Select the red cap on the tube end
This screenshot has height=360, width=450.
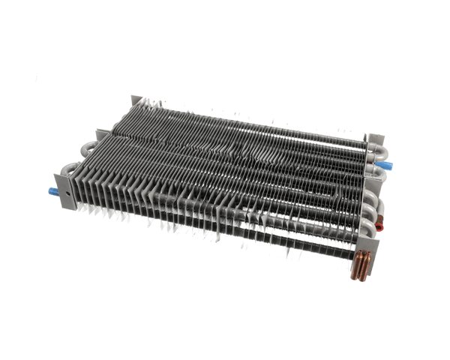pyautogui.click(x=386, y=223)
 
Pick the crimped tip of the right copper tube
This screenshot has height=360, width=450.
pyautogui.click(x=364, y=277)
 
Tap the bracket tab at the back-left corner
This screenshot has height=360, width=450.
pyautogui.click(x=136, y=102)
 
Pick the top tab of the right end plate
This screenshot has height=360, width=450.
pyautogui.click(x=374, y=139)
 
